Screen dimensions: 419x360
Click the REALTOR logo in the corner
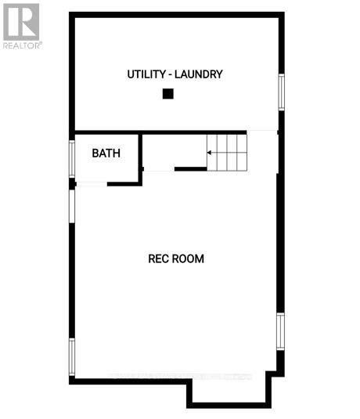click(21, 25)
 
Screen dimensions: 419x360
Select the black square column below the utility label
click(167, 94)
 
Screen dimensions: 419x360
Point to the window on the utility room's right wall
click(281, 92)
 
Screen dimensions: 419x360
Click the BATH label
click(106, 153)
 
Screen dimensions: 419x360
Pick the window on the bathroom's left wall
click(72, 157)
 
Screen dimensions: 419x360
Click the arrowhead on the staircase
click(210, 152)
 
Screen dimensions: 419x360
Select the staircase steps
click(227, 152)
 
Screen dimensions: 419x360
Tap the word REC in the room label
click(158, 258)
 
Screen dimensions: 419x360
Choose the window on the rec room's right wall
click(279, 331)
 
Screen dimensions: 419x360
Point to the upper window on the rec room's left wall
click(72, 212)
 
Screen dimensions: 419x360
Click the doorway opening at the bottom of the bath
click(92, 184)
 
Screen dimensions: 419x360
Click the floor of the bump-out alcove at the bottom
click(229, 390)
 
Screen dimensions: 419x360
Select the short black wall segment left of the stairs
click(190, 168)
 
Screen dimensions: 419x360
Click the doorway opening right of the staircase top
click(262, 132)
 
